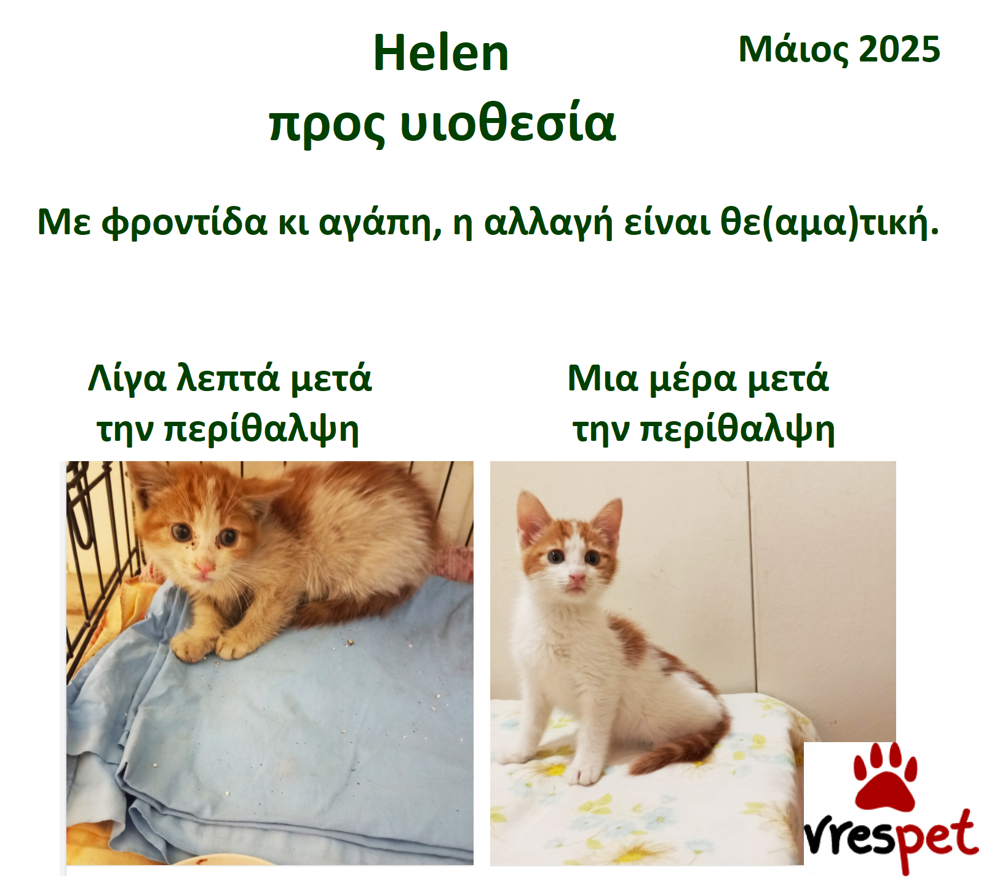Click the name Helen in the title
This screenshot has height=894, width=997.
441,53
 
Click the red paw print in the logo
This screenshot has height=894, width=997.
885,776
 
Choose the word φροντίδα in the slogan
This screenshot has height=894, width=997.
184,223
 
